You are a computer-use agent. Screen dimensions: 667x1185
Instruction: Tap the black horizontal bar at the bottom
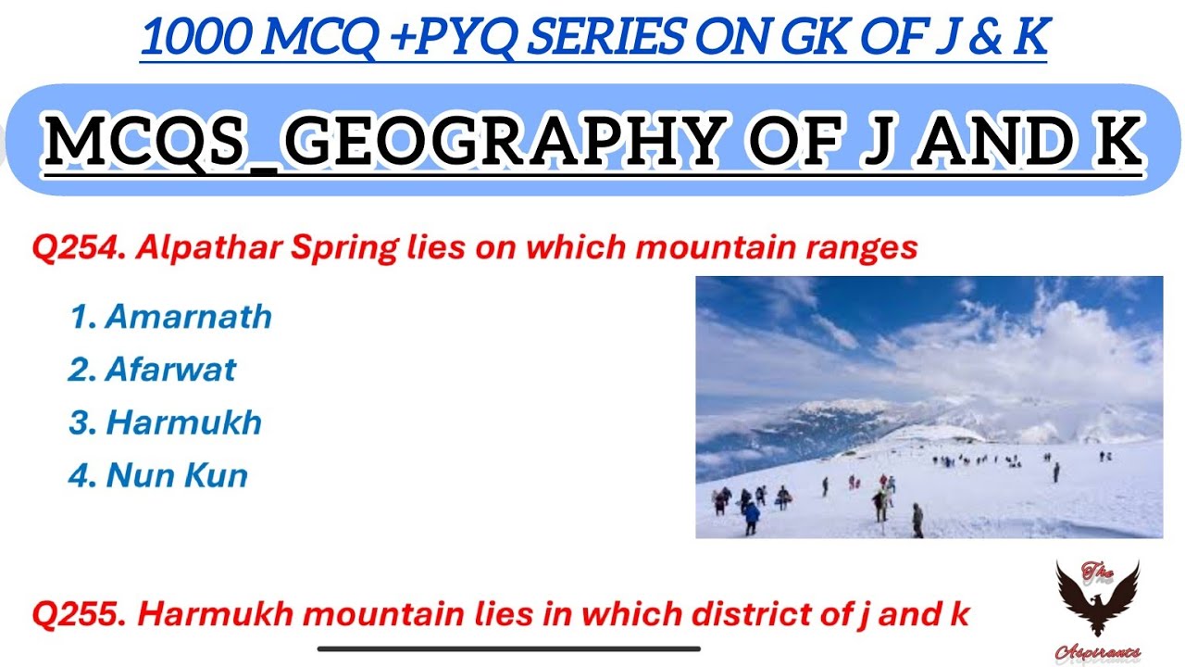pos(508,648)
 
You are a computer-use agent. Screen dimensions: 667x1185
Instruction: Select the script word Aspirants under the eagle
pos(1097,652)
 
